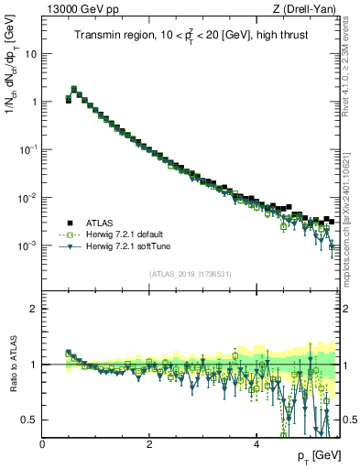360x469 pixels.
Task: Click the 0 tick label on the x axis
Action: [43, 443]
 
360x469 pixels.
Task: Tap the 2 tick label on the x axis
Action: [149, 443]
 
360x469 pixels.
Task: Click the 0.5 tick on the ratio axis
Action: [29, 420]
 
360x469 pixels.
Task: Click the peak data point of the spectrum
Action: [74, 90]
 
